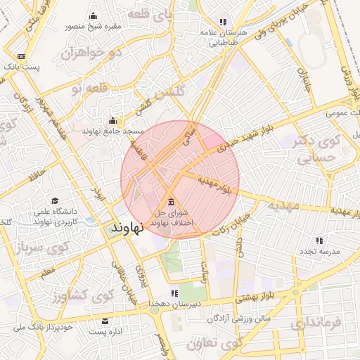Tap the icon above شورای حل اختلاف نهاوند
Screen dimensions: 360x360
[172, 203]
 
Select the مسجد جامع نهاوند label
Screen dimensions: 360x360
[113, 131]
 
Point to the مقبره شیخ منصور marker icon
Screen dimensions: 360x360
[94, 17]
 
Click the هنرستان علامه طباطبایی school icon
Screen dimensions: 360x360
[224, 22]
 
